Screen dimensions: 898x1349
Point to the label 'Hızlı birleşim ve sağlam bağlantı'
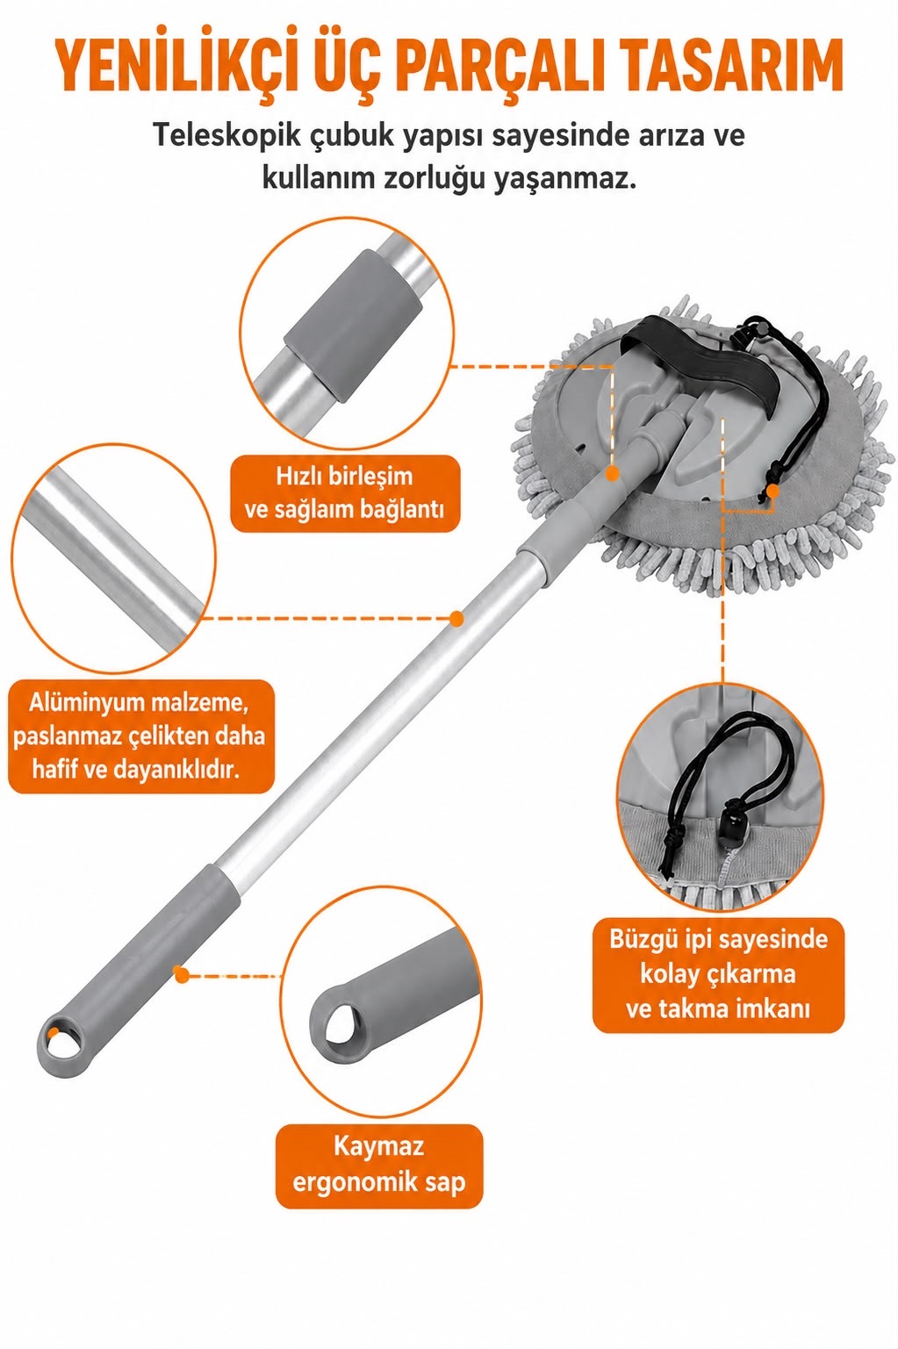pyautogui.click(x=344, y=493)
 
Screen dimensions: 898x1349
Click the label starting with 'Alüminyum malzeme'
pyautogui.click(x=140, y=736)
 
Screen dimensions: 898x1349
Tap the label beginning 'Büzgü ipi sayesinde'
pyautogui.click(x=719, y=974)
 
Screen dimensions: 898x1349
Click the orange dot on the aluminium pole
pyautogui.click(x=457, y=619)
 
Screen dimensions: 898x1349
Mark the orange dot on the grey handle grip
pyautogui.click(x=179, y=974)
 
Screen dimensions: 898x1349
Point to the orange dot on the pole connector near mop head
pyautogui.click(x=613, y=474)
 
